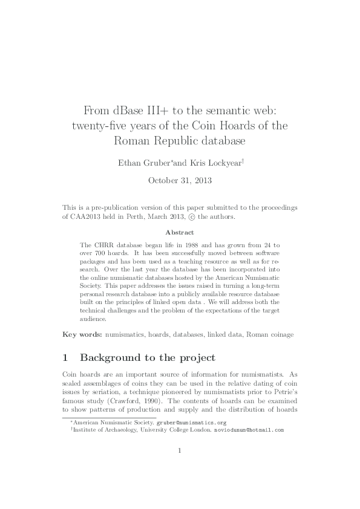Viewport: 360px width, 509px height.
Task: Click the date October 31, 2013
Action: (x=180, y=180)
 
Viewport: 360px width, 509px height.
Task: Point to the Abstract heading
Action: (x=180, y=232)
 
